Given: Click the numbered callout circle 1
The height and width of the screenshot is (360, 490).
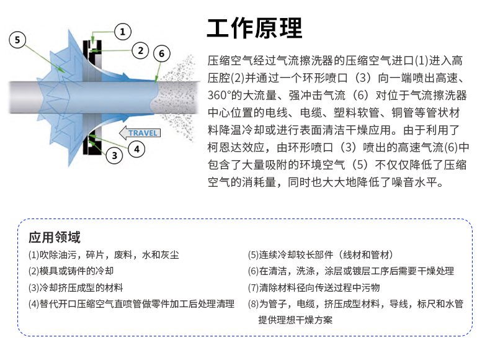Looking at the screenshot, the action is tap(122, 31).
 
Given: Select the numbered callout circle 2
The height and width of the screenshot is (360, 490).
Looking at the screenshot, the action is tap(141, 50).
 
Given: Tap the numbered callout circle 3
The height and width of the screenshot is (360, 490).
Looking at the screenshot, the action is tap(114, 155).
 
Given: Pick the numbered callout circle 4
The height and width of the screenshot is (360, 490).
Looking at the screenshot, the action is tap(136, 148).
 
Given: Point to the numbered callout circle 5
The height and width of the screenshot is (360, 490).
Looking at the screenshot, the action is tap(17, 40).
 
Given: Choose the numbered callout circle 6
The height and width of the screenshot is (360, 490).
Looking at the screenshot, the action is tap(161, 53).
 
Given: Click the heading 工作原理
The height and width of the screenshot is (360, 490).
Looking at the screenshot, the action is tap(254, 28).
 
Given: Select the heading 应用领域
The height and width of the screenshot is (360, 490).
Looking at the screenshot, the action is tap(55, 237).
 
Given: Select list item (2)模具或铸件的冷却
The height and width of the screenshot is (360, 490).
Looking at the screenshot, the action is tap(71, 271).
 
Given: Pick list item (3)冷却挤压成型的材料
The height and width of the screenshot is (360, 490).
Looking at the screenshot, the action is tap(76, 287).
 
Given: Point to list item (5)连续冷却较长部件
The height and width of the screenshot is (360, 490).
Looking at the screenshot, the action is tap(320, 255).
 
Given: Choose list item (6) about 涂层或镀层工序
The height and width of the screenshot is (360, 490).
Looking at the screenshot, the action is tap(350, 271).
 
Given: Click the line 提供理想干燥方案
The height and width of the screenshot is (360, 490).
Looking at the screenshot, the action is tap(295, 320).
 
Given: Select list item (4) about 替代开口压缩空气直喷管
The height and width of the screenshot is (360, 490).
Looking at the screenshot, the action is tap(131, 304).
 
